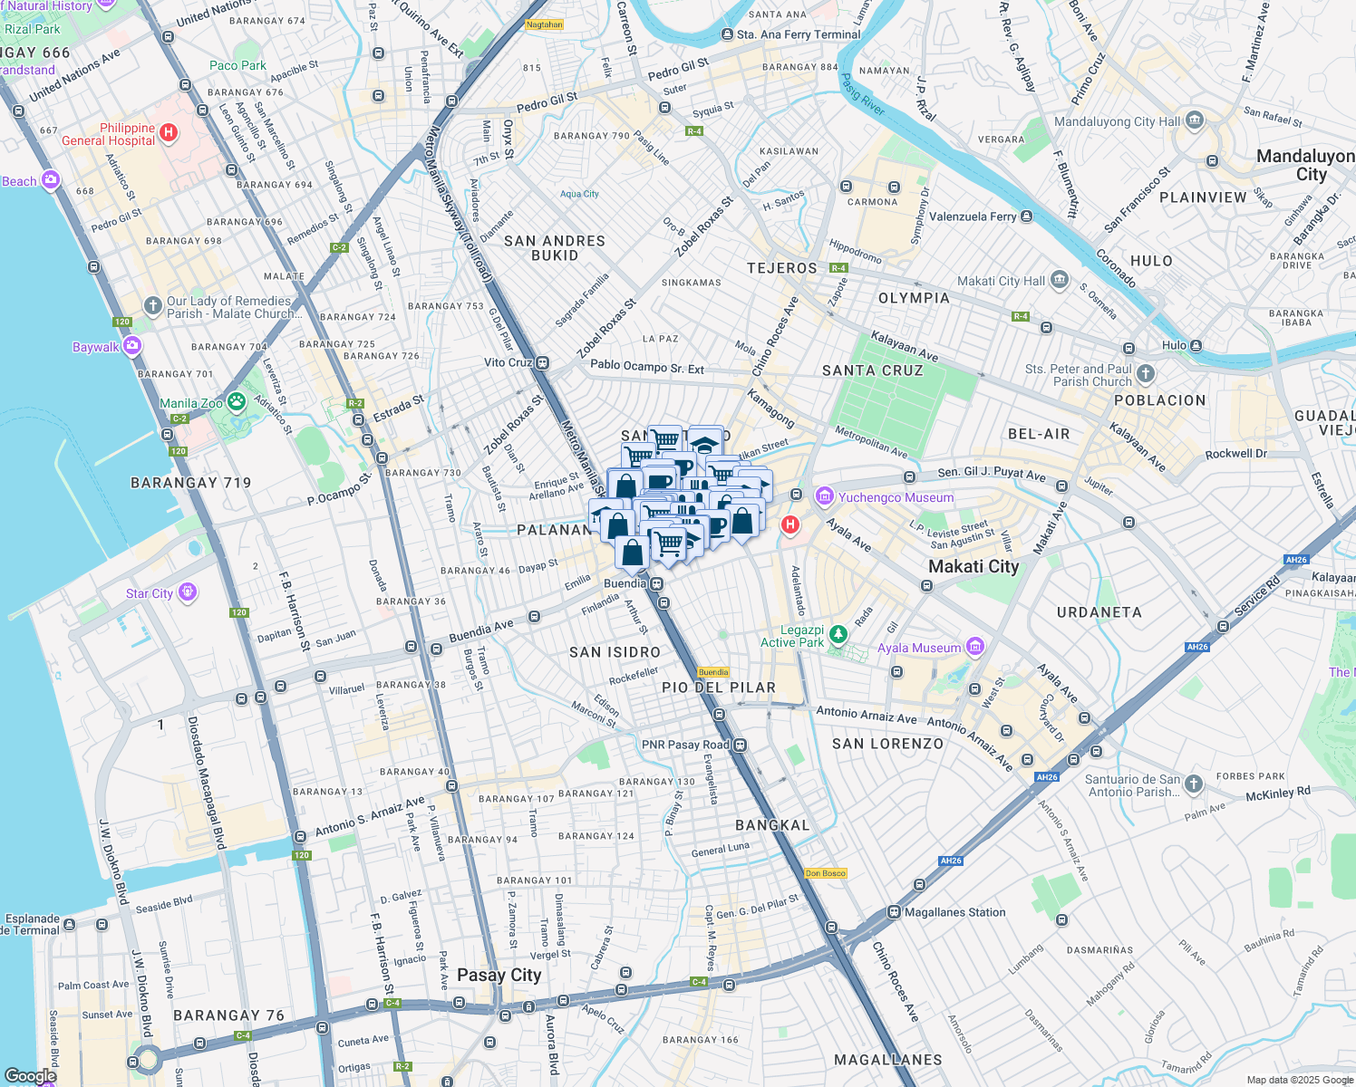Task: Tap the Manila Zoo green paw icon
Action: tap(237, 401)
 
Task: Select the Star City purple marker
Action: tap(188, 592)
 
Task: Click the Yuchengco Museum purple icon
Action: tap(824, 496)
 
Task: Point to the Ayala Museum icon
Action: tap(974, 647)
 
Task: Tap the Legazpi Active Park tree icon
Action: tap(838, 634)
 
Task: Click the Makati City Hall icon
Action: tap(1060, 281)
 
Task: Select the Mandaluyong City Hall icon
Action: tap(1195, 120)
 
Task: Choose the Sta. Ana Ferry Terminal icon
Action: tap(727, 34)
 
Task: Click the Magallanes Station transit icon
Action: tap(894, 912)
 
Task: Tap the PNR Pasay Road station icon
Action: tap(741, 745)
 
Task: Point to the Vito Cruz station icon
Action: tap(542, 362)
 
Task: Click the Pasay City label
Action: tap(499, 976)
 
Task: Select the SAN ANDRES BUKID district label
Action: tap(554, 248)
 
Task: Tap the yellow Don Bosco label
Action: tap(826, 873)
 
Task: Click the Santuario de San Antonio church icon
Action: tap(1194, 784)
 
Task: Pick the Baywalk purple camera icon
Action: tap(132, 346)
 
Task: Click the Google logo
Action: tap(30, 1076)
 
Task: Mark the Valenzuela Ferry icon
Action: tap(1026, 216)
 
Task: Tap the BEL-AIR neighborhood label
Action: tap(1039, 434)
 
